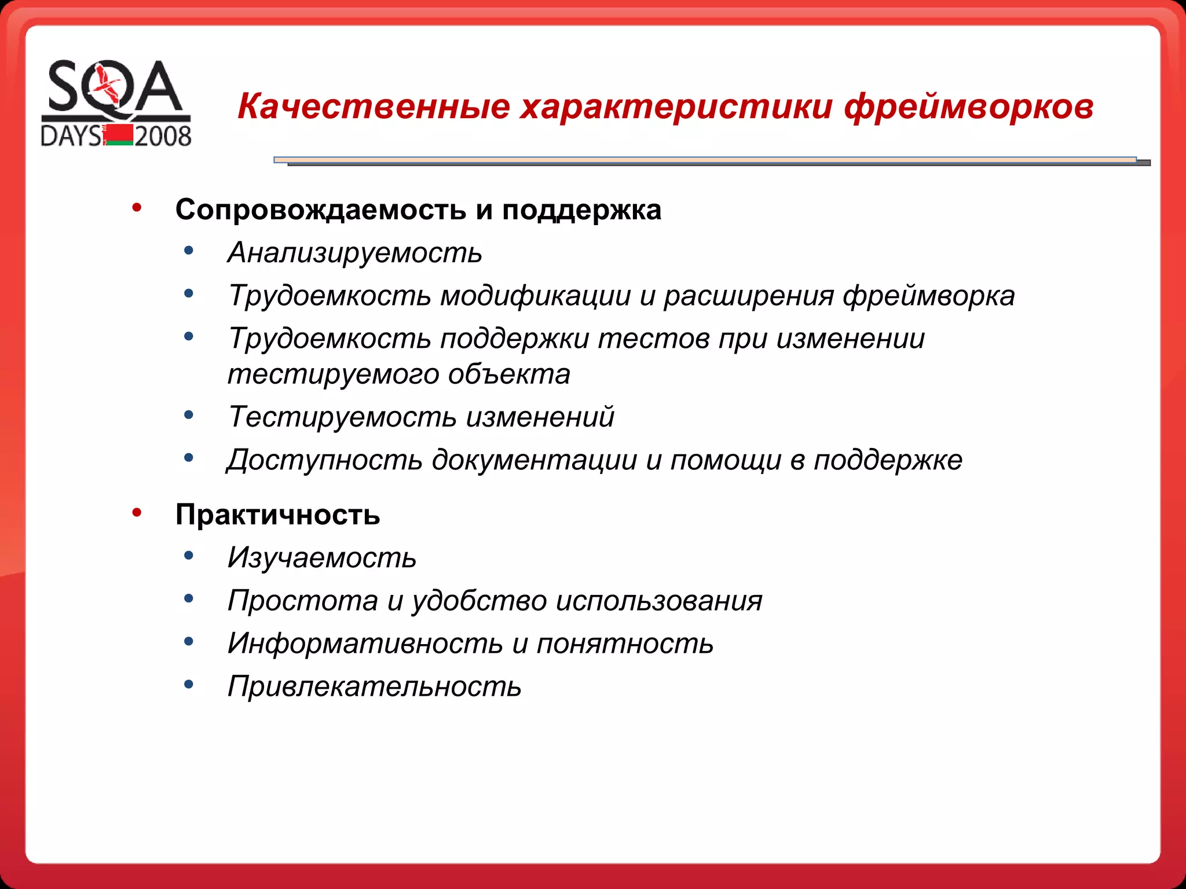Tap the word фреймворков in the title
click(x=968, y=107)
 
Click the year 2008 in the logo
click(x=163, y=137)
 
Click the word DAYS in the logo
click(x=71, y=137)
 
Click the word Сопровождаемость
click(x=321, y=210)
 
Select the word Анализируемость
click(x=355, y=253)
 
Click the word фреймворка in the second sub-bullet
click(x=928, y=296)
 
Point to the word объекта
click(x=509, y=374)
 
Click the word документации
click(x=534, y=460)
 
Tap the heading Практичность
click(x=278, y=515)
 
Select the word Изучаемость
click(x=322, y=558)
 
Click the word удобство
click(x=479, y=601)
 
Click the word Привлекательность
click(x=375, y=687)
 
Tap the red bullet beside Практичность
click(x=137, y=512)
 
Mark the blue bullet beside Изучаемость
click(x=188, y=556)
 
